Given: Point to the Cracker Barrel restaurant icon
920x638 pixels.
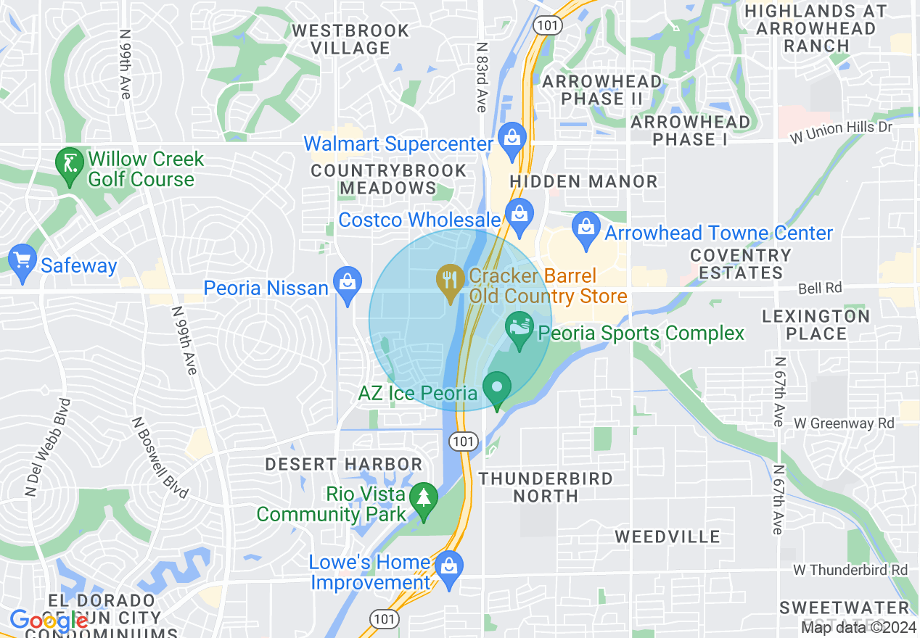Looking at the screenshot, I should tap(451, 281).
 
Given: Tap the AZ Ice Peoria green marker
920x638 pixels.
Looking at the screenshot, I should tap(497, 388).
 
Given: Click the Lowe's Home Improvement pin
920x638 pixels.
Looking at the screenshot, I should tap(449, 568).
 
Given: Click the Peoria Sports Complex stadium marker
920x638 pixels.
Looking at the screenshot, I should tap(519, 329).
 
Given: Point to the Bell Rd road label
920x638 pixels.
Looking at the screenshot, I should tap(820, 288).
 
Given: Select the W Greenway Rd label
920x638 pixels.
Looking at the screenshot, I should tap(844, 423).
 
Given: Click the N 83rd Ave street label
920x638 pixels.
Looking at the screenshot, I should tap(481, 76).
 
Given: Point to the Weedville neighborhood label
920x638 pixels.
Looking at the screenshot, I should tap(668, 536).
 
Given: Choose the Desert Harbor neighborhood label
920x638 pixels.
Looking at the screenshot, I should tap(343, 464).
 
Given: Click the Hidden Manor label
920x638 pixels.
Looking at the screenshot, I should tap(583, 181).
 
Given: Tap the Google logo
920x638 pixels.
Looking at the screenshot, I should tap(49, 621).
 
